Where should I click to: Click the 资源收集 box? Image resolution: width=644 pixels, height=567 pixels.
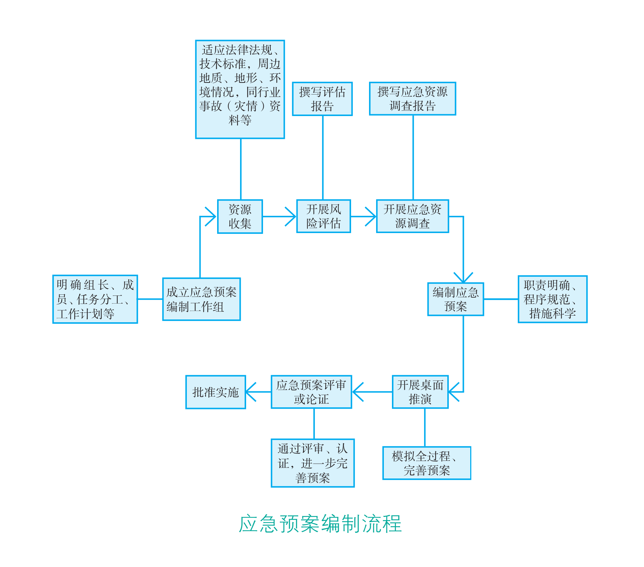pyautogui.click(x=240, y=217)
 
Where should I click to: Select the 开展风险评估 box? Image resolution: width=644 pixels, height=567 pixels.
pyautogui.click(x=324, y=216)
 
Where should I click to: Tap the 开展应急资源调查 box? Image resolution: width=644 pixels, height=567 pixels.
pyautogui.click(x=412, y=216)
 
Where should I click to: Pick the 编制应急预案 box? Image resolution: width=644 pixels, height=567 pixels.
pyautogui.click(x=455, y=299)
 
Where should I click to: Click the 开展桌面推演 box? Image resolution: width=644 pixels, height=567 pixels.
pyautogui.click(x=420, y=392)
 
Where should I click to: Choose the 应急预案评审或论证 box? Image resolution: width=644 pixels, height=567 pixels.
pyautogui.click(x=311, y=392)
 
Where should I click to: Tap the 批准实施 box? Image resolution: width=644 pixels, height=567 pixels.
pyautogui.click(x=215, y=392)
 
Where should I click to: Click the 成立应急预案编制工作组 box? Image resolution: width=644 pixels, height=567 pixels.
pyautogui.click(x=201, y=299)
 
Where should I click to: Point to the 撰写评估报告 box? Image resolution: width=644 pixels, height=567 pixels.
pyautogui.click(x=322, y=99)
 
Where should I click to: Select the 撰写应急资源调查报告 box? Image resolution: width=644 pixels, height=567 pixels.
pyautogui.click(x=412, y=99)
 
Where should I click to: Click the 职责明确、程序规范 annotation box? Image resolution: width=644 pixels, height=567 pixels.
pyautogui.click(x=552, y=299)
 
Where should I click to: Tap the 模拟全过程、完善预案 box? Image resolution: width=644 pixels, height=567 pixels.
pyautogui.click(x=427, y=463)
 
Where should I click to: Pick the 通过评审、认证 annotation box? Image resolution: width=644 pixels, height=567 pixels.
pyautogui.click(x=313, y=463)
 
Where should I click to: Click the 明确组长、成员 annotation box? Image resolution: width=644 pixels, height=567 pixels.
pyautogui.click(x=95, y=299)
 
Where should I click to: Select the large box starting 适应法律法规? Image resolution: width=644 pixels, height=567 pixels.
pyautogui.click(x=240, y=89)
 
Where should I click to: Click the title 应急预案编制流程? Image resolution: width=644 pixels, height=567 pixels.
pyautogui.click(x=320, y=524)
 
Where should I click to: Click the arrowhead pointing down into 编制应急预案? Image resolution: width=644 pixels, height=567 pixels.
pyautogui.click(x=463, y=278)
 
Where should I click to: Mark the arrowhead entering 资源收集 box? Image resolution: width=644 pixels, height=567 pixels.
pyautogui.click(x=211, y=217)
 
